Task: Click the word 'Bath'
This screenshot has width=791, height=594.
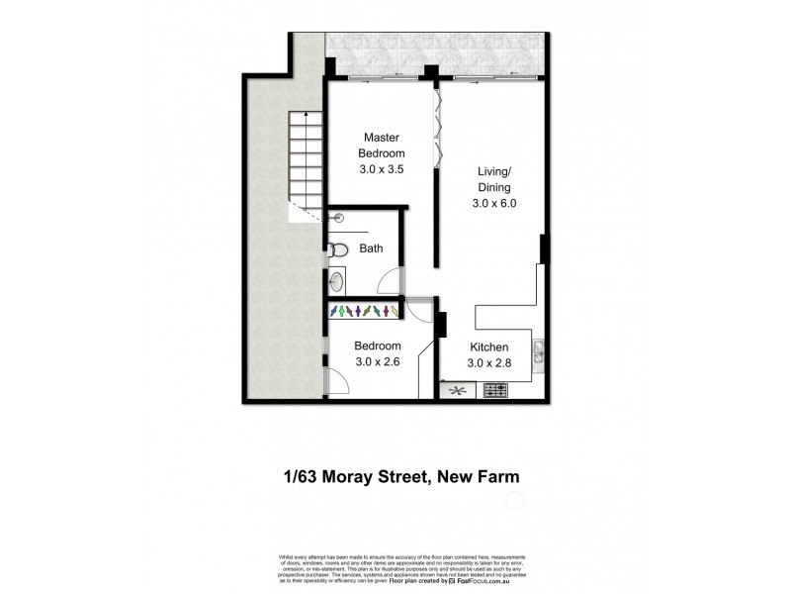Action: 371,249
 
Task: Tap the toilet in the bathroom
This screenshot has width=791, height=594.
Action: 338,249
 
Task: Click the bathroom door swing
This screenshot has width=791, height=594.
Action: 393,280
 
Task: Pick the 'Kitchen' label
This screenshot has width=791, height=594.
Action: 488,347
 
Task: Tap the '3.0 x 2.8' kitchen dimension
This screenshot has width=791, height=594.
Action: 488,363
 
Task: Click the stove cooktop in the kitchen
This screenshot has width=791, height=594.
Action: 494,391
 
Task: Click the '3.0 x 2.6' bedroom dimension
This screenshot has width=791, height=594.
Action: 378,363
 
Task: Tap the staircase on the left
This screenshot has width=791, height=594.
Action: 307,163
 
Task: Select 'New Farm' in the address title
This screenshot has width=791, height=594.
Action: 477,476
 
